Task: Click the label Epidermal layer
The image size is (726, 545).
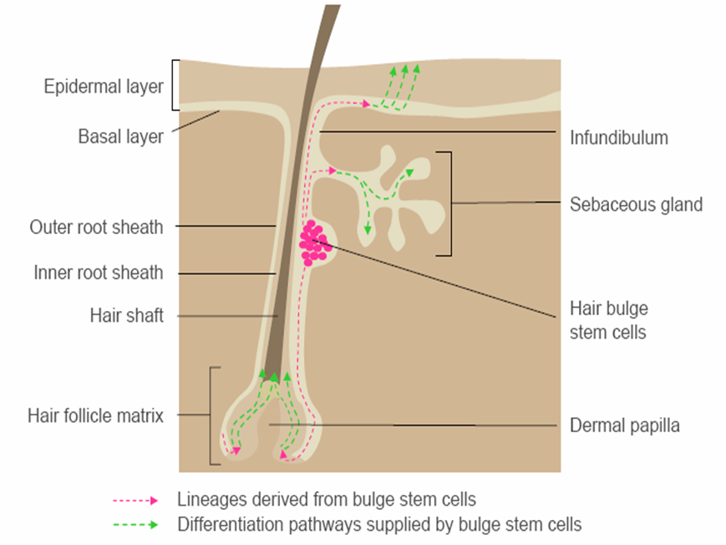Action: [x=104, y=86]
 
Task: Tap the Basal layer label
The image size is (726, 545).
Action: [x=120, y=136]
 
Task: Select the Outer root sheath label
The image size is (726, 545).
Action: [x=96, y=227]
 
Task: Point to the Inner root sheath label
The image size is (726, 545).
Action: [x=99, y=272]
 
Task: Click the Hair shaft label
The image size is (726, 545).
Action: [x=126, y=316]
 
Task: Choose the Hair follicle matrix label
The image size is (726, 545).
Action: [x=95, y=415]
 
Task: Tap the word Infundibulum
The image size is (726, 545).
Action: [x=618, y=138]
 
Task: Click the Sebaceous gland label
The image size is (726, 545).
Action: [x=636, y=204]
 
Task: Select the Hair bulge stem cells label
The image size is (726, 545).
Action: [x=608, y=321]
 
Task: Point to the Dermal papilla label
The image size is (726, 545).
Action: [x=624, y=425]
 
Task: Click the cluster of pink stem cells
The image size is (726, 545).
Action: [x=314, y=242]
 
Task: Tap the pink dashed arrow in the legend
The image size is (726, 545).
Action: [x=135, y=501]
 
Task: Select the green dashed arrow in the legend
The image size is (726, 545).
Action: [x=135, y=526]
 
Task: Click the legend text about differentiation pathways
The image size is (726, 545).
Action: [x=379, y=525]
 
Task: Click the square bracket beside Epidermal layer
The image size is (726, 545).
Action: [x=175, y=84]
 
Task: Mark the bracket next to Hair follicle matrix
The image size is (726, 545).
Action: [x=214, y=415]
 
